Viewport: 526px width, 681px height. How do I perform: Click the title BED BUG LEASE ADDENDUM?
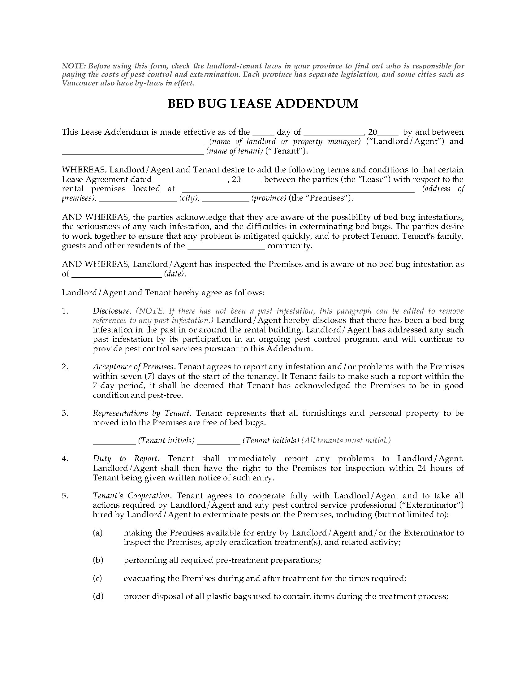(263, 103)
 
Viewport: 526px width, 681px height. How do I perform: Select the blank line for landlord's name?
(133, 144)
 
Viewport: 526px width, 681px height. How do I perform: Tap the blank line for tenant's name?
(133, 154)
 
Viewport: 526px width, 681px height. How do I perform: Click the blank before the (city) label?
(138, 201)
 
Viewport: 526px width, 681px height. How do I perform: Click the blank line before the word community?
(226, 248)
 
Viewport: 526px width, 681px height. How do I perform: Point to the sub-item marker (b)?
(98, 560)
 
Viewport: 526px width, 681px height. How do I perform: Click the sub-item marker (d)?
(98, 596)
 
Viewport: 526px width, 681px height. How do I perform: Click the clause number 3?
(65, 413)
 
